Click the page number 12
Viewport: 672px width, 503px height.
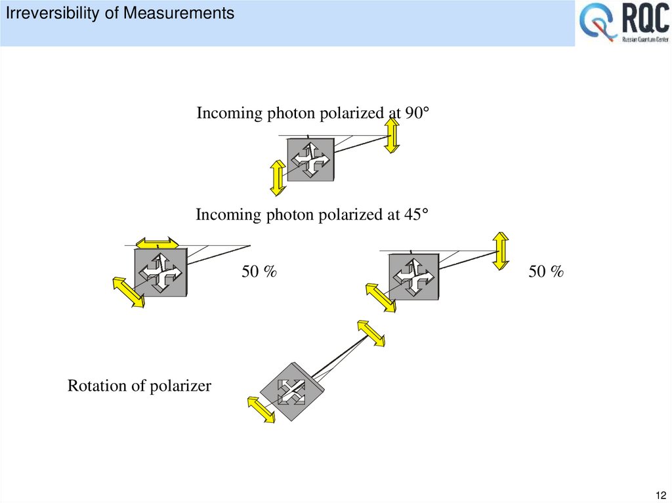(660, 494)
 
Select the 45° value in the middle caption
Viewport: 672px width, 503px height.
(415, 214)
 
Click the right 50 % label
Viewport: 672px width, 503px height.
(546, 272)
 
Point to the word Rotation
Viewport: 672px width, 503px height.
(96, 386)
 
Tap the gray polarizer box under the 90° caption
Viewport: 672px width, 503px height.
(311, 159)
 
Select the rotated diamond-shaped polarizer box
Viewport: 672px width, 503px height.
(292, 392)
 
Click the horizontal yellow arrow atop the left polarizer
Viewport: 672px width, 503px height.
(157, 243)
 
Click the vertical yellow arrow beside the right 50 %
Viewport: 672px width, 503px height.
(501, 251)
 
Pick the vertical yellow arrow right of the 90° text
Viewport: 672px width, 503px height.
(392, 136)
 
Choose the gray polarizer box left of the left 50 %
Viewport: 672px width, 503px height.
(161, 271)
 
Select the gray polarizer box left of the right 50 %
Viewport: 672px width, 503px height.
(413, 276)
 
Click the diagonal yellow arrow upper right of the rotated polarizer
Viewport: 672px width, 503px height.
(371, 333)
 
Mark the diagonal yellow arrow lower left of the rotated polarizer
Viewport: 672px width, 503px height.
(261, 410)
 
